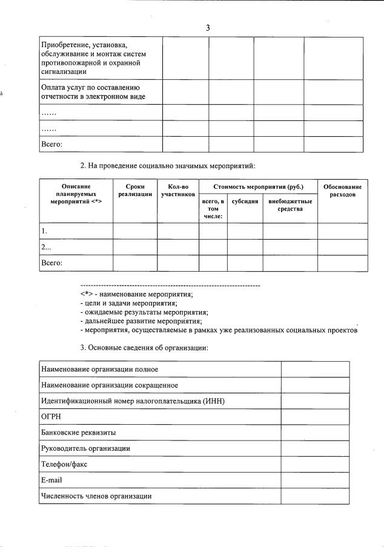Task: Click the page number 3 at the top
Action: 208,28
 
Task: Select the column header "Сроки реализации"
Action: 135,191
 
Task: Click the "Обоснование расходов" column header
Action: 343,191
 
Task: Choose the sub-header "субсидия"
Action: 245,201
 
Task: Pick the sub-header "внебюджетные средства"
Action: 290,205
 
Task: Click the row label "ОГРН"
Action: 51,417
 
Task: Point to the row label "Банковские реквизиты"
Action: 78,433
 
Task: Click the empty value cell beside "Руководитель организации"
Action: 315,448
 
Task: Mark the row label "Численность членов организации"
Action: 96,496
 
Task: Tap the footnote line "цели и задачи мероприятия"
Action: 128,303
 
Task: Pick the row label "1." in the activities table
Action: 45,231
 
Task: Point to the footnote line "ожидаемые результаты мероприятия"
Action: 144,312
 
